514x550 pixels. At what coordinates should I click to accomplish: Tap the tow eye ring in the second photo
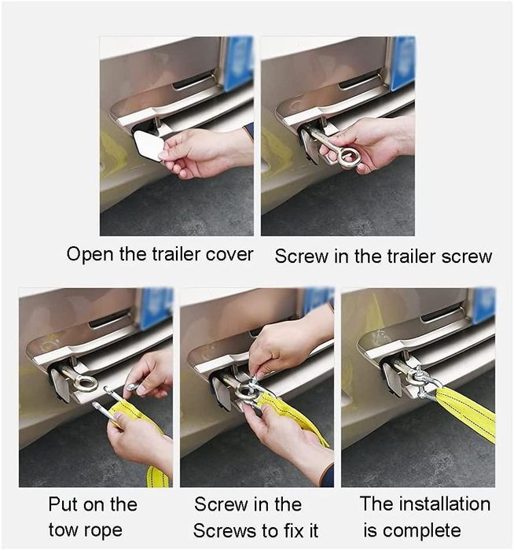(x=349, y=157)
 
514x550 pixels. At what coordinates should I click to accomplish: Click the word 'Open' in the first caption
(x=90, y=255)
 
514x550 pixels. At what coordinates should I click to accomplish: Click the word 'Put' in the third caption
(x=64, y=504)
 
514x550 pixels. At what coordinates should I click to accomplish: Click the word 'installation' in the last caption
(x=445, y=504)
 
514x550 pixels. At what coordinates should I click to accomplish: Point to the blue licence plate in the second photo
(x=403, y=63)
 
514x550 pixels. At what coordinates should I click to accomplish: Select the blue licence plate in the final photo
(x=485, y=306)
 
